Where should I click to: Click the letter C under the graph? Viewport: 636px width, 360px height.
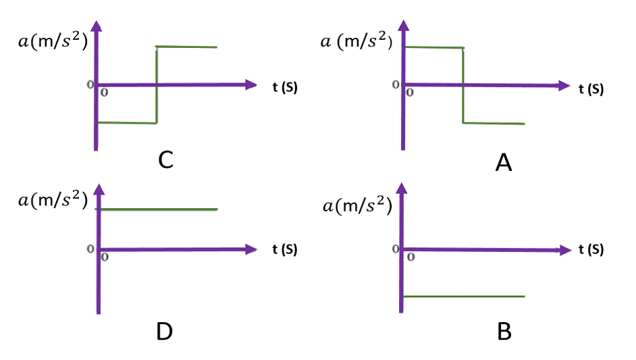pyautogui.click(x=165, y=159)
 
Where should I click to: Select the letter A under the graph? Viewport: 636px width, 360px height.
pyautogui.click(x=504, y=163)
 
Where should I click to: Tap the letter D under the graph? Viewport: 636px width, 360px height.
pyautogui.click(x=164, y=331)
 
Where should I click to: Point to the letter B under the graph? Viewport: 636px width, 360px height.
pyautogui.click(x=504, y=331)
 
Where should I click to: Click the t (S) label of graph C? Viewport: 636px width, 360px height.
pyautogui.click(x=285, y=87)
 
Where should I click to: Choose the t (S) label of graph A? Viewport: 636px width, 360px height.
pyautogui.click(x=591, y=89)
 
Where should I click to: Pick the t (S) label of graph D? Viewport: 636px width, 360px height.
pyautogui.click(x=285, y=249)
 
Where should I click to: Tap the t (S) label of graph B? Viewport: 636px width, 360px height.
pyautogui.click(x=591, y=249)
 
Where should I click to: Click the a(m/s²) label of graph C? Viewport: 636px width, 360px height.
pyautogui.click(x=53, y=41)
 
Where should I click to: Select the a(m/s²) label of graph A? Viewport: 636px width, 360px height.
pyautogui.click(x=356, y=41)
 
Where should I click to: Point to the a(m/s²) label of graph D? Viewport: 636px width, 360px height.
pyautogui.click(x=53, y=200)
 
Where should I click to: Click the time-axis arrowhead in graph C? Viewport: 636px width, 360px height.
pyautogui.click(x=251, y=85)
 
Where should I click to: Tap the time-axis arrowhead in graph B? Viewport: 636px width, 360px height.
pyautogui.click(x=566, y=250)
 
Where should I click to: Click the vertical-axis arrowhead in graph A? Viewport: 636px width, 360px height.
pyautogui.click(x=404, y=26)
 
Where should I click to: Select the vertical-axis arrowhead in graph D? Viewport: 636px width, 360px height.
pyautogui.click(x=99, y=189)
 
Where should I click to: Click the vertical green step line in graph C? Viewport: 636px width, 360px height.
pyautogui.click(x=157, y=85)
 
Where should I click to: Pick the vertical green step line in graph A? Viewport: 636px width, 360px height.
pyautogui.click(x=463, y=85)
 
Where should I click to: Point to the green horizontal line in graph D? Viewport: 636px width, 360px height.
pyautogui.click(x=157, y=209)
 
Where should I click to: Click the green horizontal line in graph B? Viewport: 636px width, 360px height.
pyautogui.click(x=464, y=297)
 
